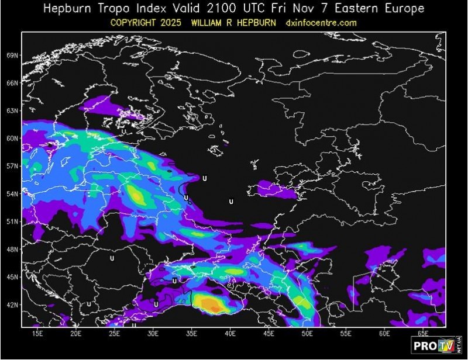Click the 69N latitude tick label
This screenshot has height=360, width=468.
[x=13, y=56]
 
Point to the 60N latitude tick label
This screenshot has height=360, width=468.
[x=13, y=139]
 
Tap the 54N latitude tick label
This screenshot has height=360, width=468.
[x=13, y=194]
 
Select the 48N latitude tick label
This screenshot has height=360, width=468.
[x=13, y=250]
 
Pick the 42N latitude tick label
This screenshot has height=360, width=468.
[x=13, y=305]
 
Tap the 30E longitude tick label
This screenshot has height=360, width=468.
[x=153, y=334]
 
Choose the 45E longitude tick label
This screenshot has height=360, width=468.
[x=269, y=334]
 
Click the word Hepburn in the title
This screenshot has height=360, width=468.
[x=66, y=9]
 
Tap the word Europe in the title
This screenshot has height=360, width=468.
[x=404, y=9]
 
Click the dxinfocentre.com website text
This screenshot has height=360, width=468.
[x=321, y=23]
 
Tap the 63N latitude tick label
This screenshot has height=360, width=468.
[x=13, y=111]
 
